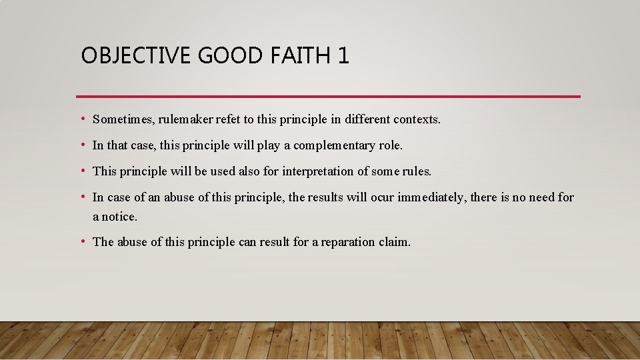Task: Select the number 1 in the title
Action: pyautogui.click(x=343, y=55)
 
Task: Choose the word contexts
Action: pyautogui.click(x=417, y=120)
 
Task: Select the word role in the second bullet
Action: pyautogui.click(x=391, y=145)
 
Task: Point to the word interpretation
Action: pyautogui.click(x=320, y=171)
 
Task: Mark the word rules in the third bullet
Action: pyautogui.click(x=417, y=171)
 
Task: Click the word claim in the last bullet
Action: pyautogui.click(x=395, y=242)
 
